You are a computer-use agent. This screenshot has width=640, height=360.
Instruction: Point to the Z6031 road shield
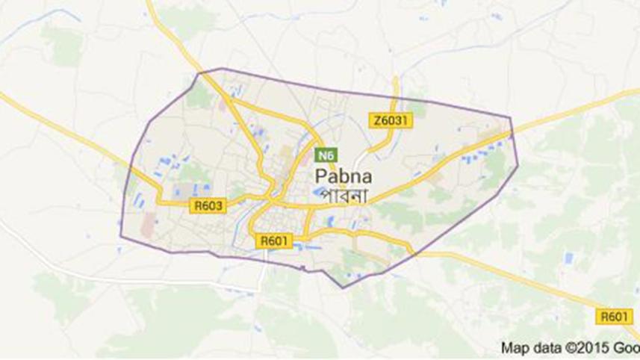tap(390, 120)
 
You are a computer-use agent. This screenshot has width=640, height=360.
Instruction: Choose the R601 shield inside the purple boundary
tap(276, 240)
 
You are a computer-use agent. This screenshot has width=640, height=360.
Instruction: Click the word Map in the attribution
tap(515, 347)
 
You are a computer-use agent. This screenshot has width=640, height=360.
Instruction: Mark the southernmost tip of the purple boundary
tap(342, 288)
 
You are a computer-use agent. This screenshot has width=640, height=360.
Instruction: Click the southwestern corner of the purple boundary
tap(121, 238)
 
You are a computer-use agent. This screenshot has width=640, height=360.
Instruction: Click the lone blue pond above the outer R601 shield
tap(569, 258)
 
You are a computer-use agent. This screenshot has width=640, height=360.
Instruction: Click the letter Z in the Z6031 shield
tap(376, 120)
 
